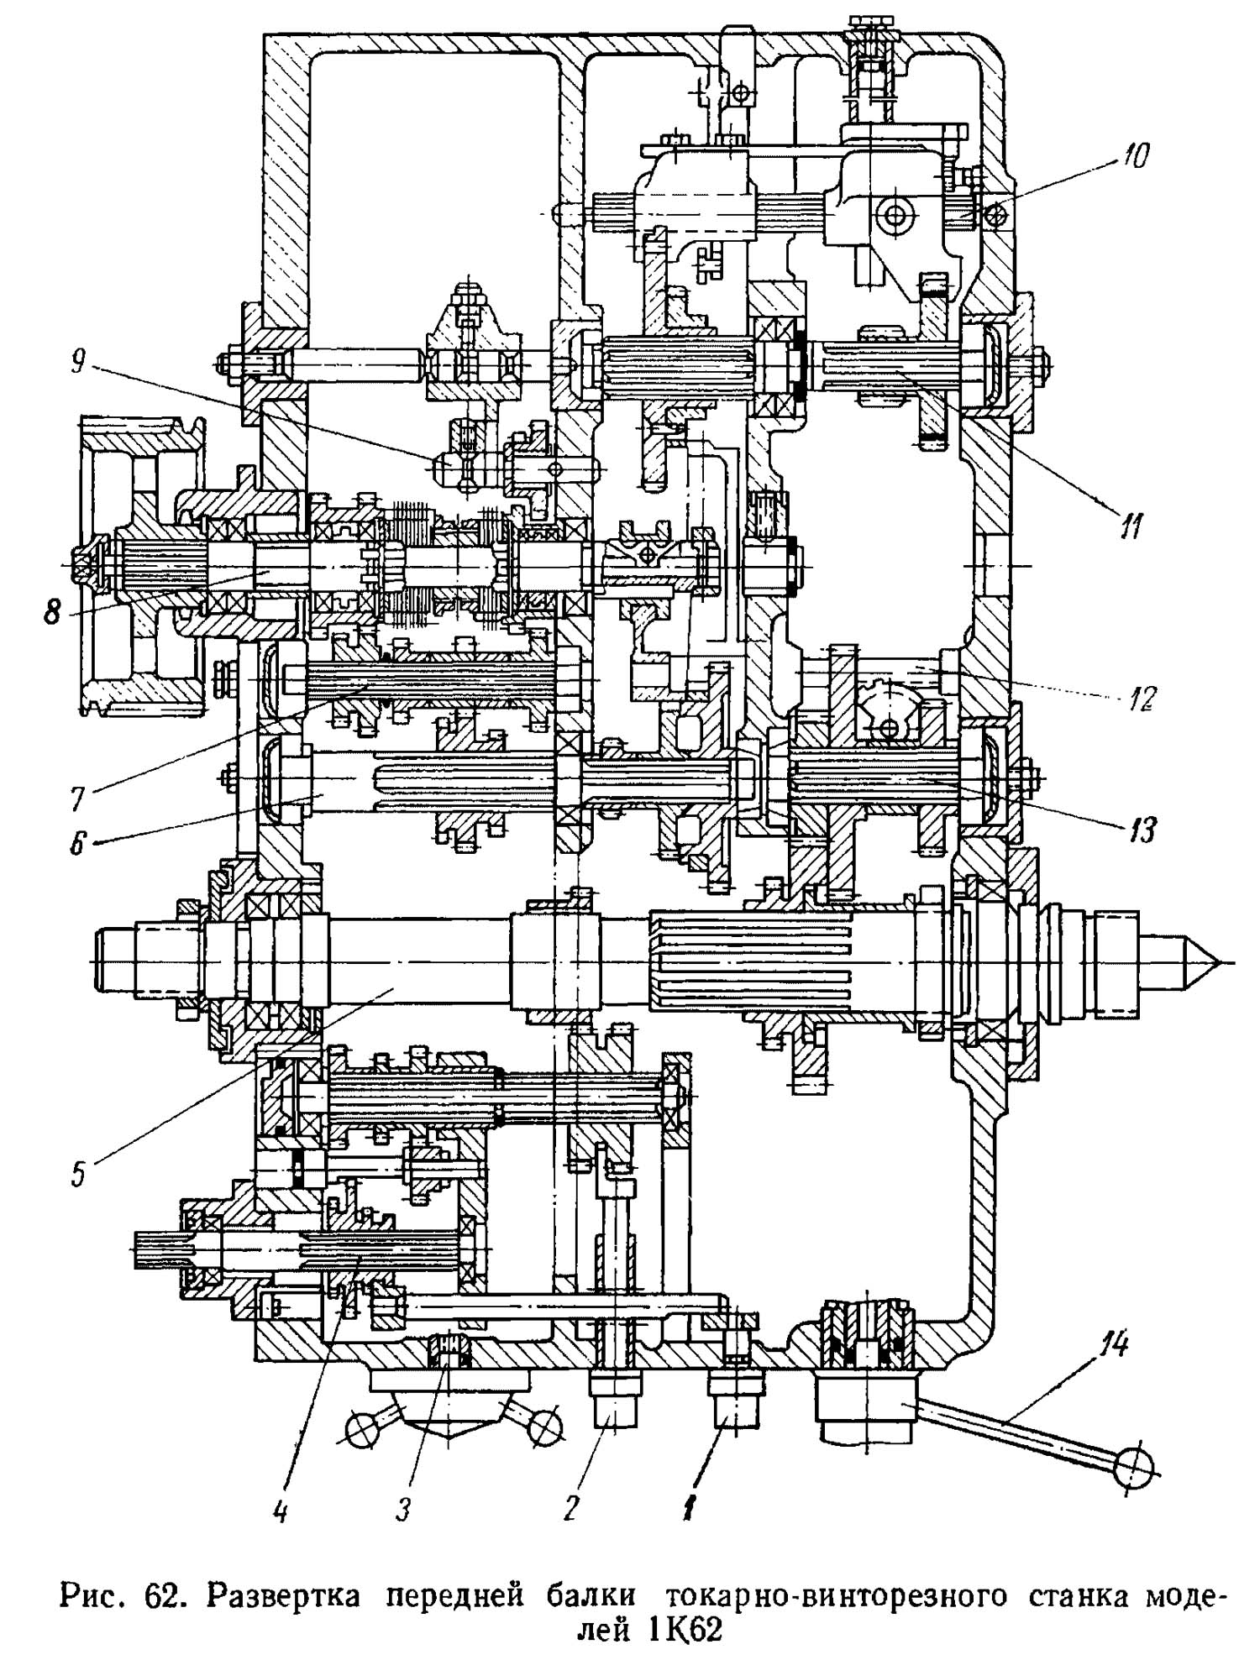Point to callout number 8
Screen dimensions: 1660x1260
coord(52,611)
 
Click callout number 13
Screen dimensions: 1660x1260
coord(1142,830)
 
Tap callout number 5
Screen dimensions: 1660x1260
coord(77,1172)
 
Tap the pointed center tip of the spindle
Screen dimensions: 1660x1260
coord(1210,961)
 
